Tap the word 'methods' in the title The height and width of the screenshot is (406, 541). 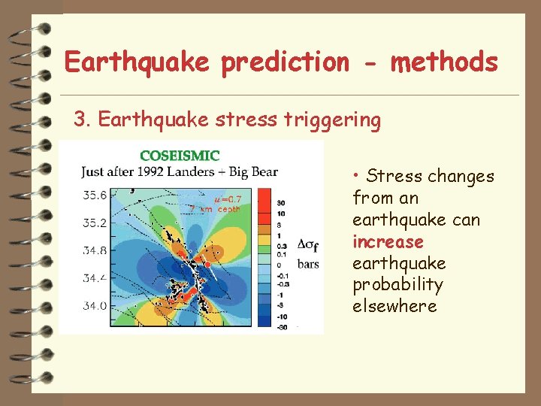point(444,62)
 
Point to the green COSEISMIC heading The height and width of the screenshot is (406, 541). point(180,156)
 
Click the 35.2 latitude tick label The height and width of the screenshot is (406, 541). point(95,223)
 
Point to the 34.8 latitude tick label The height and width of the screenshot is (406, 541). point(95,250)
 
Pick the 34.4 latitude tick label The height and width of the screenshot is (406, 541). point(95,278)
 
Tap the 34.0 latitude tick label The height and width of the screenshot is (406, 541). point(95,306)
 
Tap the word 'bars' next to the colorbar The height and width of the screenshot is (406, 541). point(308,264)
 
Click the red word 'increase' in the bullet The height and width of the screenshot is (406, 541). point(388,242)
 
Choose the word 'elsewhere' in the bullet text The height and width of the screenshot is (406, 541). point(394,307)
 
